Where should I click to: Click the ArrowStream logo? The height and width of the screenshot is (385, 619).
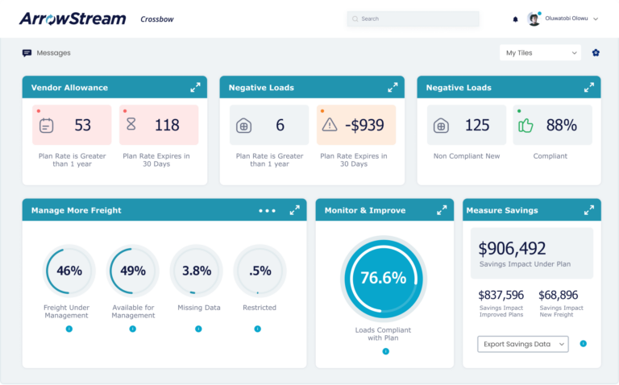[x=73, y=19]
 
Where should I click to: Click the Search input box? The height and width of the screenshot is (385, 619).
[x=413, y=19]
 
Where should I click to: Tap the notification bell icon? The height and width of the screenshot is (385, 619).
[x=516, y=19]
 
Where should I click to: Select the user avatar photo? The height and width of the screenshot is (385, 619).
[x=534, y=19]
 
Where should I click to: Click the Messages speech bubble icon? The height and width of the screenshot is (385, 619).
[x=27, y=53]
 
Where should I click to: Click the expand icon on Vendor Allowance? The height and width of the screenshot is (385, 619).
[x=195, y=87]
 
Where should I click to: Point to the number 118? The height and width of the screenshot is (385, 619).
[x=167, y=125]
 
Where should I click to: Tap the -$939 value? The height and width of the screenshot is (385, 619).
[x=364, y=125]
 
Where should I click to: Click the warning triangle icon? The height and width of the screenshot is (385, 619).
[x=330, y=125]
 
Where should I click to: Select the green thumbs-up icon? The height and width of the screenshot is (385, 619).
[x=526, y=125]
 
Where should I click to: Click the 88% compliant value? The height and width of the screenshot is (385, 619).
[x=561, y=125]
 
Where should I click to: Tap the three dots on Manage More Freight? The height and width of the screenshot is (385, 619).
[x=267, y=210]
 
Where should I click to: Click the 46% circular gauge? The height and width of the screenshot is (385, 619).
[x=69, y=271]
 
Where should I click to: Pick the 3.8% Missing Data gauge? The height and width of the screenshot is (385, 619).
[x=196, y=271]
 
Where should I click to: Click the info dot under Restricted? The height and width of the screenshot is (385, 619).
[x=258, y=329]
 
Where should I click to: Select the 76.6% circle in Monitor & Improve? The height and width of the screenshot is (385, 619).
[x=383, y=278]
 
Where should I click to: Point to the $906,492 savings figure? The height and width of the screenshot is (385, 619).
[x=513, y=249]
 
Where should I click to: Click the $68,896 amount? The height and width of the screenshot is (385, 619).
[x=559, y=295]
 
